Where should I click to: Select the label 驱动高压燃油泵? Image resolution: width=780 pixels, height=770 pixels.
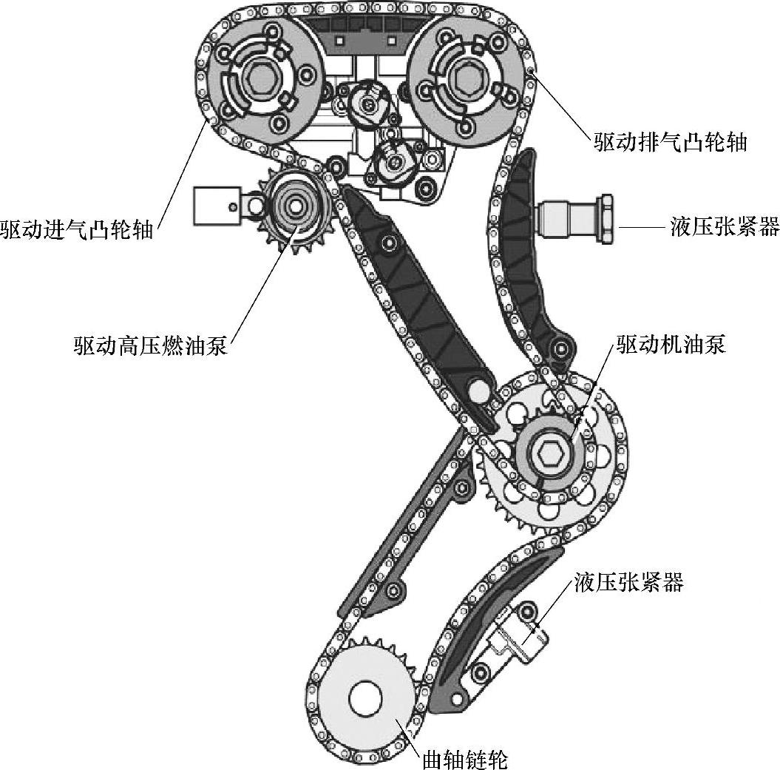150,345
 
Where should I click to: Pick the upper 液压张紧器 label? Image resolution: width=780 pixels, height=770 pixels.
725,226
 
